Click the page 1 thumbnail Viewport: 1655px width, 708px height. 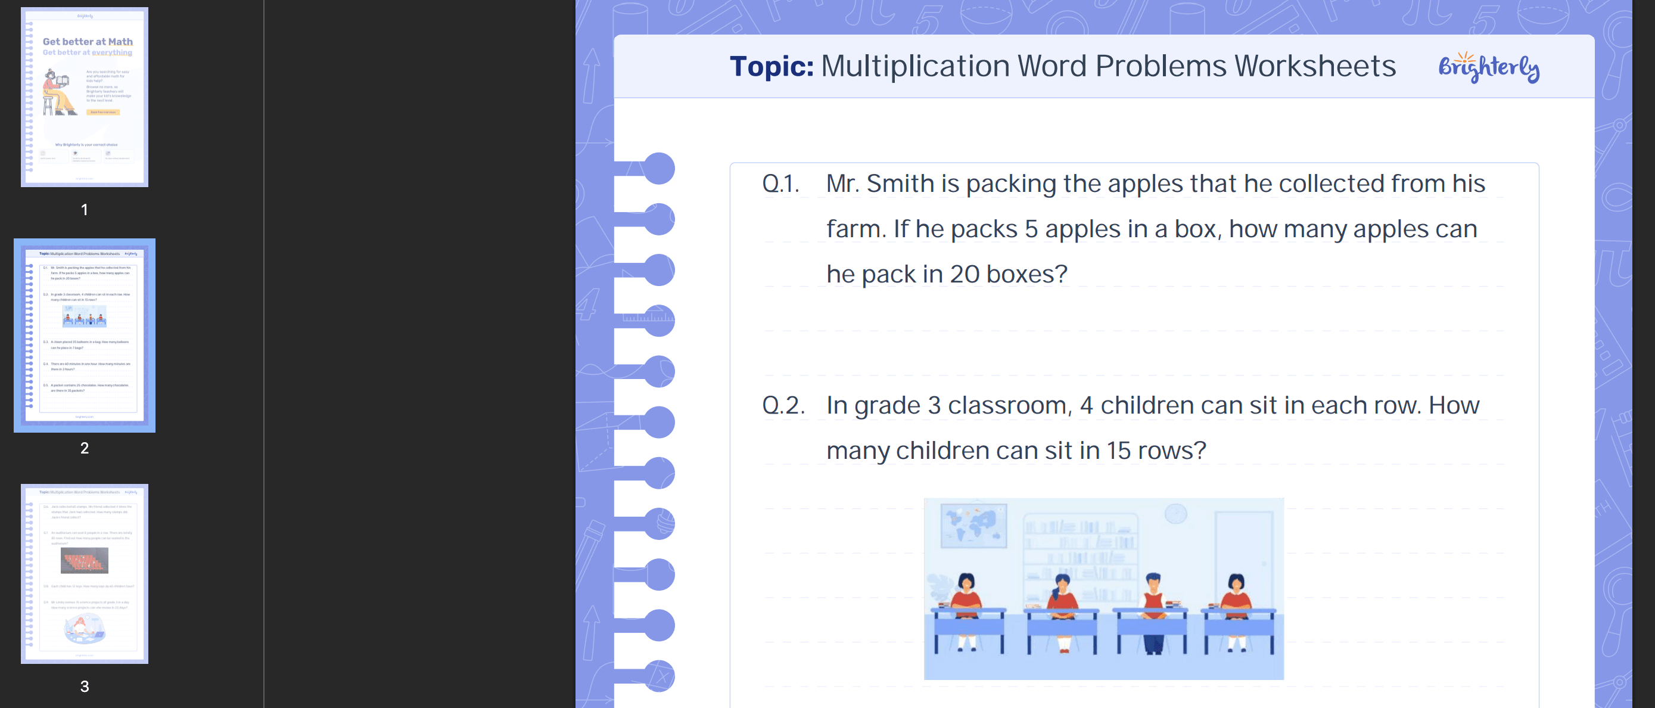(x=84, y=97)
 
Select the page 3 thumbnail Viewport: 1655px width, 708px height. (x=84, y=573)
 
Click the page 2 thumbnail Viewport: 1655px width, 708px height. (x=84, y=335)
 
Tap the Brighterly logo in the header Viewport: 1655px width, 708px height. (x=1488, y=67)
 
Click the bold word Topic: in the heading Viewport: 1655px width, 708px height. (x=771, y=66)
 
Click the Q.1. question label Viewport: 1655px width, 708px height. (x=780, y=184)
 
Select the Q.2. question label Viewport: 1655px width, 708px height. (x=783, y=406)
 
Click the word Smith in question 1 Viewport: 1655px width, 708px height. (x=900, y=184)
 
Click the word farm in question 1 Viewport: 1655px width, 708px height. (x=854, y=229)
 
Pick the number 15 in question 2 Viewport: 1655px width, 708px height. (x=1118, y=451)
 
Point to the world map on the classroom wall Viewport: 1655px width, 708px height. (x=973, y=525)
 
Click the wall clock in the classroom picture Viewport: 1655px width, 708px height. (x=1175, y=514)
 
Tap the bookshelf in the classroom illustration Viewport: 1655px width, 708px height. (x=1080, y=552)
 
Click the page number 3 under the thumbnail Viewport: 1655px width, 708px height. (x=84, y=686)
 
